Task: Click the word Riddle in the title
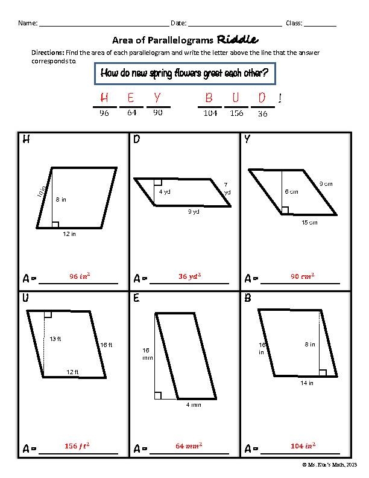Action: click(x=238, y=40)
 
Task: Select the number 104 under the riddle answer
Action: click(x=210, y=113)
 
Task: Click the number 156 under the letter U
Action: click(x=236, y=113)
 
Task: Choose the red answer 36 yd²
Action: click(x=190, y=276)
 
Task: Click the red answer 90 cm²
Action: click(x=303, y=276)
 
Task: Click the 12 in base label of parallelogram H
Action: click(x=69, y=234)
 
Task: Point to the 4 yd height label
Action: click(x=164, y=192)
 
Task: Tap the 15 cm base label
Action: click(x=309, y=223)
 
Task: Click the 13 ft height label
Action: click(x=55, y=339)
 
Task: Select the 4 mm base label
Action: click(x=193, y=405)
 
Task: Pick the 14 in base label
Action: click(x=307, y=383)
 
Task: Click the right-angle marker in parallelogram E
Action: click(x=157, y=395)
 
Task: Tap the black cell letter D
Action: click(x=137, y=140)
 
